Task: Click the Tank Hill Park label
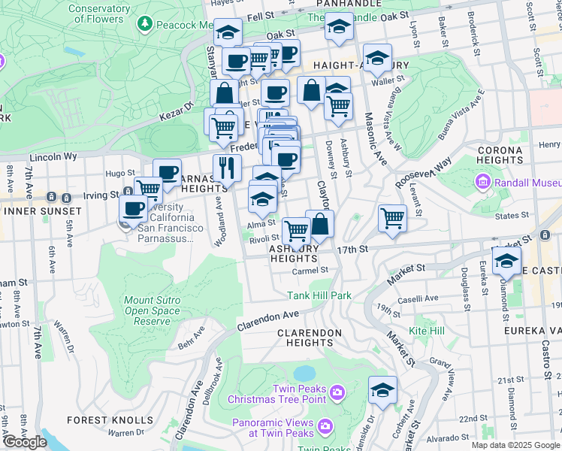coord(319,295)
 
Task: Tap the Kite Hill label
coord(426,331)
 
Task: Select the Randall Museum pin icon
coord(482,183)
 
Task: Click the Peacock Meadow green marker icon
coord(144,25)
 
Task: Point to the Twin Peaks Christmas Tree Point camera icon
coord(337,392)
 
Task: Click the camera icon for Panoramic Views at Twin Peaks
coord(325,427)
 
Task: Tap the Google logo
coord(25,442)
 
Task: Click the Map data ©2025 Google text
coord(515,445)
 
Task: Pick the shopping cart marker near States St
coord(392,218)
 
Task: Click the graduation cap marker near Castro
coord(506,260)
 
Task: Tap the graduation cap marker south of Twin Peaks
coord(382,389)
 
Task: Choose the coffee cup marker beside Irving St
coord(134,208)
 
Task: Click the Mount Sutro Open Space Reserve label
coord(148,310)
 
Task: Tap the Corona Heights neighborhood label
coord(500,156)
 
